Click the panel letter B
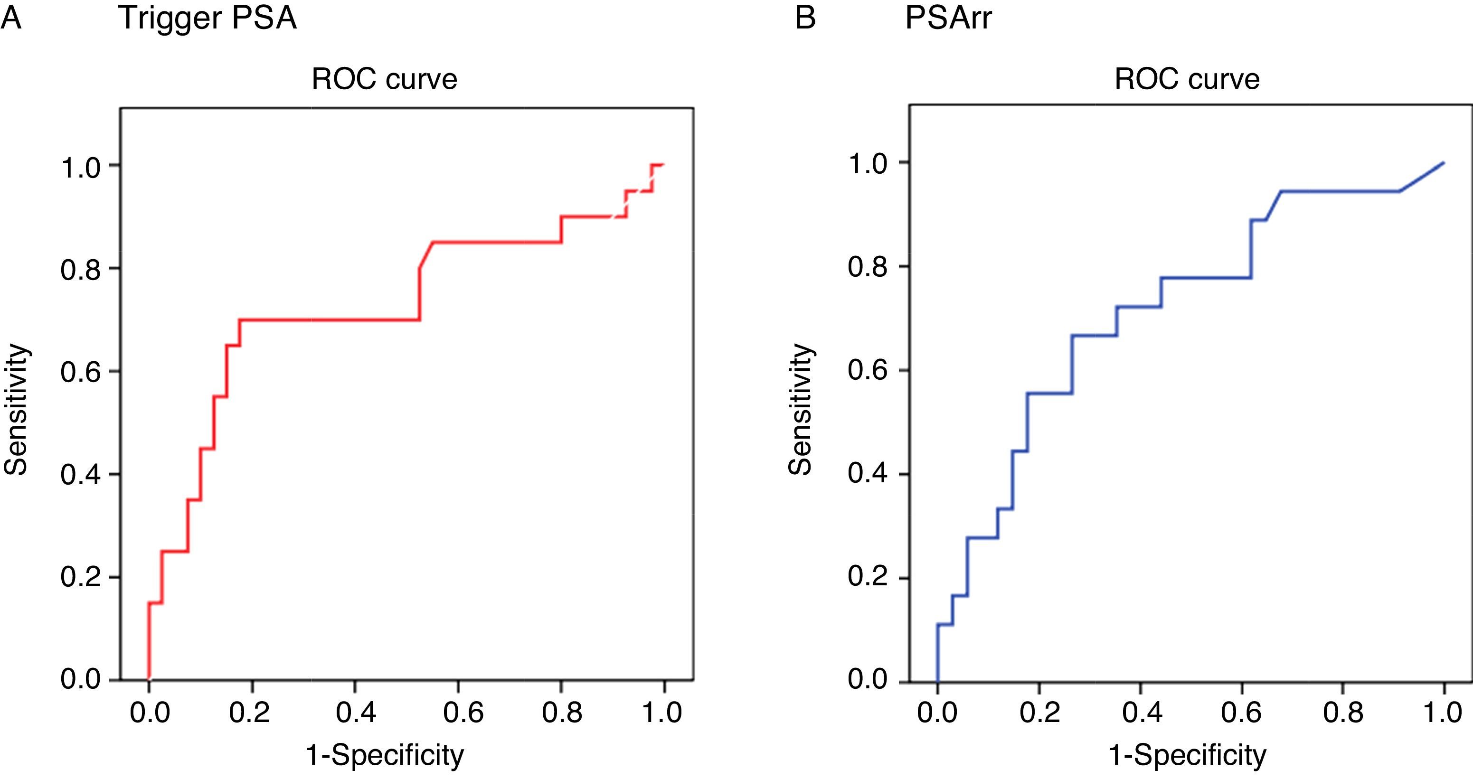tap(805, 19)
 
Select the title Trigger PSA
tap(208, 19)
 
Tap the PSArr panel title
tap(949, 19)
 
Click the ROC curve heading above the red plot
tap(384, 79)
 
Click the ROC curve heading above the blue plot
tap(1187, 79)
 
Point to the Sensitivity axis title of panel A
tap(16, 409)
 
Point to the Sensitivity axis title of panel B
tap(800, 409)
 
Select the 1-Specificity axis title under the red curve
tap(385, 756)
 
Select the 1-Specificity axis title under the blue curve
tap(1187, 756)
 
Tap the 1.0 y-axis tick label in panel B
tap(869, 164)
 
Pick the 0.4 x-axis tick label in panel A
tap(356, 713)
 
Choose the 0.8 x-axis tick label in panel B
tap(1344, 713)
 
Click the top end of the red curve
tap(663, 165)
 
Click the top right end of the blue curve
tap(1444, 163)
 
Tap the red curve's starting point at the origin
tap(149, 679)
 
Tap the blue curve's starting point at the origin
tap(938, 681)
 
